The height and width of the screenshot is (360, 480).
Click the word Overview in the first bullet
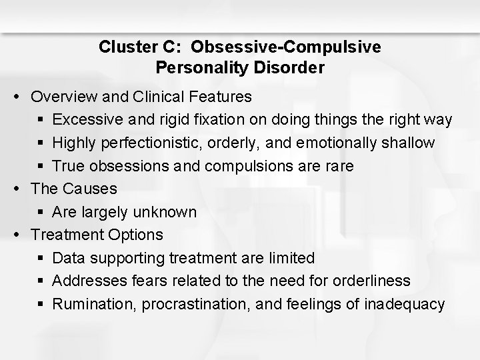coord(63,97)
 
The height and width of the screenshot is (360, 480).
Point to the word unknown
coord(165,212)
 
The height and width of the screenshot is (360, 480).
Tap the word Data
coord(69,258)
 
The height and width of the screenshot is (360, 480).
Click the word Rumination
coord(89,304)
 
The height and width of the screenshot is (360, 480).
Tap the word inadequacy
coord(405,304)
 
